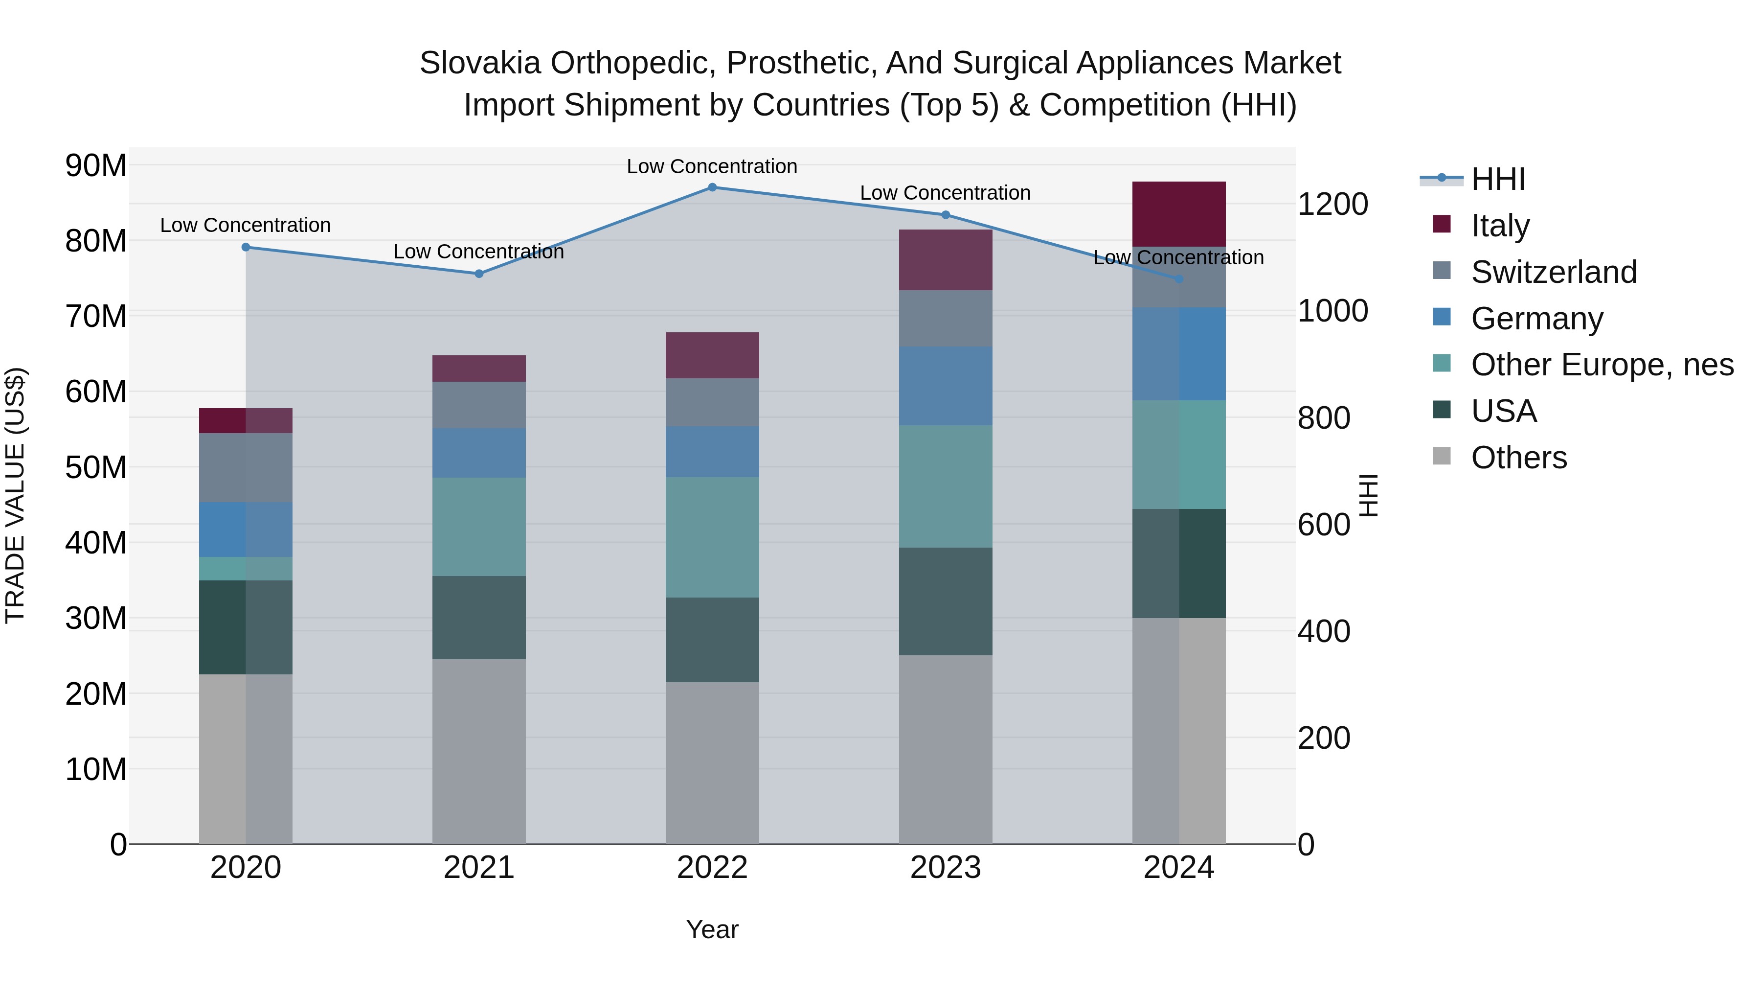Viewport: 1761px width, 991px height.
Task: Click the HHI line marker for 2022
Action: [712, 187]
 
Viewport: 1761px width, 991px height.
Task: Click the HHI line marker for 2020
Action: [246, 247]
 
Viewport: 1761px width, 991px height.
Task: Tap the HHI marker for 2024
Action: [1178, 279]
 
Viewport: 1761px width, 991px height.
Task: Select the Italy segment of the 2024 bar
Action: [1178, 214]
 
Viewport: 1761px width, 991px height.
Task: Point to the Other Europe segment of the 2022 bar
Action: [712, 537]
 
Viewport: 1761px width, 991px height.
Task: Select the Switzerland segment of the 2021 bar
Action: [478, 405]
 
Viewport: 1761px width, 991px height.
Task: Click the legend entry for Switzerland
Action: [1553, 272]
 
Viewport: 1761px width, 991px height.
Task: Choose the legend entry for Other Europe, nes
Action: [1602, 365]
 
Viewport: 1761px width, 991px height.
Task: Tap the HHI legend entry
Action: [1497, 179]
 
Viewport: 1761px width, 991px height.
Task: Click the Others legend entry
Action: [1518, 458]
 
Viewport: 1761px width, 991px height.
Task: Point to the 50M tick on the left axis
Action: [96, 468]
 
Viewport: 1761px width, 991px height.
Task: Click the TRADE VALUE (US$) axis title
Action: [15, 495]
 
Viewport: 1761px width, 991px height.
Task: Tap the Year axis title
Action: [712, 929]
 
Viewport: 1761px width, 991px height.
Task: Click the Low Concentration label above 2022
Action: [712, 166]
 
